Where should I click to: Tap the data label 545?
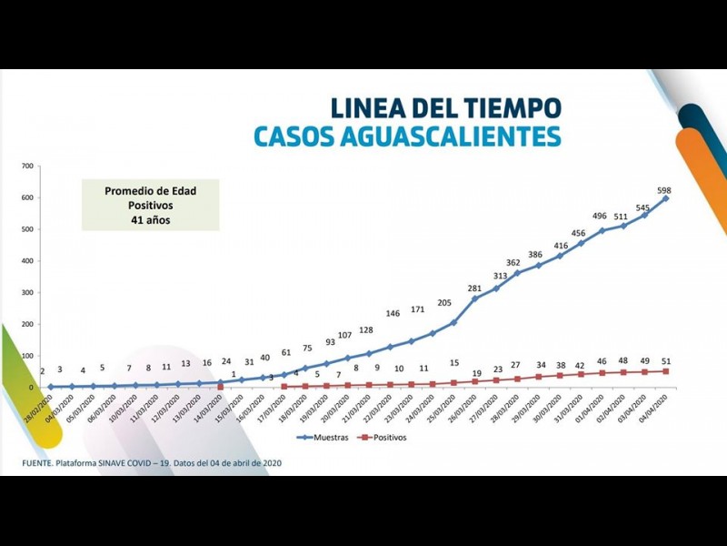coord(642,207)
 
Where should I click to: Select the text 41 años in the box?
coord(149,219)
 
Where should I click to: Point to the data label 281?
coord(473,288)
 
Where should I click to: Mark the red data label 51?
coord(666,360)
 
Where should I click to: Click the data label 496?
coord(600,216)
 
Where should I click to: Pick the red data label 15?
coord(453,362)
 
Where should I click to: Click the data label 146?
coord(393,313)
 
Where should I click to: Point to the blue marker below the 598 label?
coord(666,198)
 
